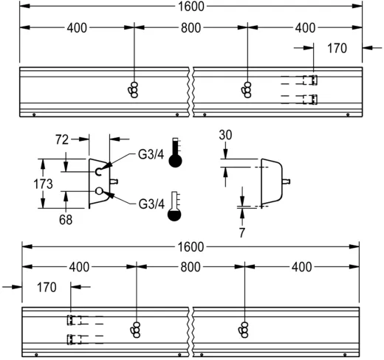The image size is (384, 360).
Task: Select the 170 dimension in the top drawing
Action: (x=337, y=49)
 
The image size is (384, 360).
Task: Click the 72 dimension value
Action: (x=63, y=138)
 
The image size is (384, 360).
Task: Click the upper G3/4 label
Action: (x=150, y=155)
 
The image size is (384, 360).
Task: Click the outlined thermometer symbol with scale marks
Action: (x=175, y=207)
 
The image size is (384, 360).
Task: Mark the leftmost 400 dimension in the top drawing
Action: (x=76, y=28)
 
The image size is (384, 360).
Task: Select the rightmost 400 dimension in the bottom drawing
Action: (x=303, y=266)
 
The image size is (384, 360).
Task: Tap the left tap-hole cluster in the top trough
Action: (x=133, y=89)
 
